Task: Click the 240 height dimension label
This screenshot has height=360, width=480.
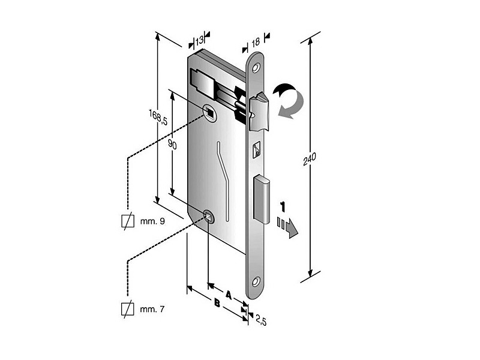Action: coord(309,159)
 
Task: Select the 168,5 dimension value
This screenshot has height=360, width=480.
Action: coord(158,117)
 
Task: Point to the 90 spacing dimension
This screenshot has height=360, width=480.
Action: coord(172,145)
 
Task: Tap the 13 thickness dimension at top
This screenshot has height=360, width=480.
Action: coord(200,40)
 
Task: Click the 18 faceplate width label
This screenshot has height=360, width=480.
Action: coord(256,43)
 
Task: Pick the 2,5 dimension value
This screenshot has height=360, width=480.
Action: coord(260,320)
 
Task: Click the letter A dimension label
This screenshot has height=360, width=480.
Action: coord(229,295)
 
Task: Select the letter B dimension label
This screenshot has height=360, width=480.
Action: coord(217,304)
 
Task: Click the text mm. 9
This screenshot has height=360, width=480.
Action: coord(152,221)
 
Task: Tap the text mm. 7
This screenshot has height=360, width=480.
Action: coord(152,309)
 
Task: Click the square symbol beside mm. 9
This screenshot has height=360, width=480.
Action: coord(128,221)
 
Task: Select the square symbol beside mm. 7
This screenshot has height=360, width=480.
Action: coord(128,309)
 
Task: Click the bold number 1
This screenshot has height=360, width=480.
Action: coord(283,206)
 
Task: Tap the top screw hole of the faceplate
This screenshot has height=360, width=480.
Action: coord(256,68)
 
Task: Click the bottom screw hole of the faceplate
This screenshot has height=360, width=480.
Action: coord(256,281)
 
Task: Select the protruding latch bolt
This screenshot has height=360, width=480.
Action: coord(259,111)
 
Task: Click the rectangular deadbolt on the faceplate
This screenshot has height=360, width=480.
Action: coord(262,199)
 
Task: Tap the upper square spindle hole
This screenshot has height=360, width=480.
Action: coord(209,112)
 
